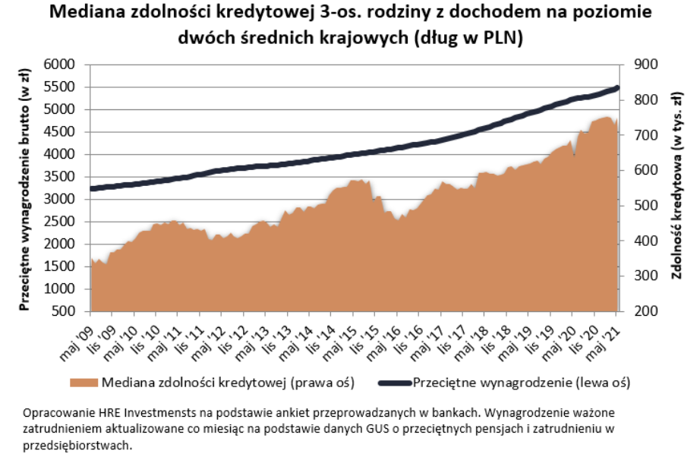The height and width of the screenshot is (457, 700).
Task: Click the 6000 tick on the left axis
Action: coord(59,65)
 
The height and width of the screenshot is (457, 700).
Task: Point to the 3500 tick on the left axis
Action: coord(59,177)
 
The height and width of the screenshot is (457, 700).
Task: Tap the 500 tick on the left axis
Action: coord(63,311)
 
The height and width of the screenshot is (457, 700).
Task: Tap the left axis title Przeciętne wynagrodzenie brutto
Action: coord(24,188)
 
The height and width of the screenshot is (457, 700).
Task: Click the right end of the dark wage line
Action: coord(616,88)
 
